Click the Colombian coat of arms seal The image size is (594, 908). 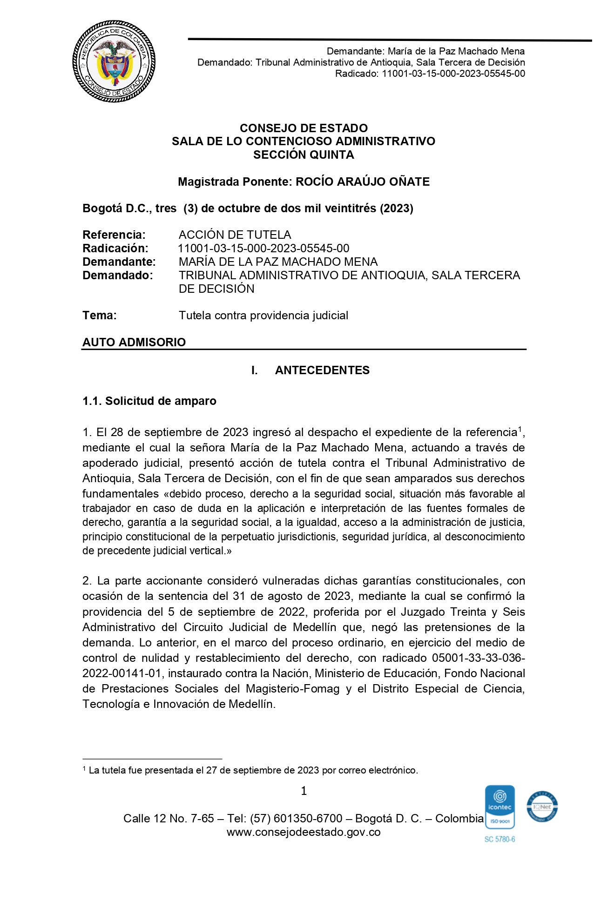pyautogui.click(x=114, y=61)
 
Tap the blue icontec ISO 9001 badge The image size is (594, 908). pyautogui.click(x=499, y=807)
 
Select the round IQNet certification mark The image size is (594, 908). pyautogui.click(x=542, y=807)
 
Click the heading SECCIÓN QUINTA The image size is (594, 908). pyautogui.click(x=304, y=155)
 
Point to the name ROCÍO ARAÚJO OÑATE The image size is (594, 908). pyautogui.click(x=363, y=182)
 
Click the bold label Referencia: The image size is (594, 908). pyautogui.click(x=114, y=235)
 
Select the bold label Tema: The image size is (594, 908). pyautogui.click(x=100, y=316)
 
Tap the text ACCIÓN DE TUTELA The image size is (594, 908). pyautogui.click(x=235, y=235)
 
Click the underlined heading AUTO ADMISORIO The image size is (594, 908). pyautogui.click(x=134, y=343)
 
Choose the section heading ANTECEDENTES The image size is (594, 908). pyautogui.click(x=322, y=370)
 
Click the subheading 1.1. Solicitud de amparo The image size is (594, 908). pyautogui.click(x=149, y=401)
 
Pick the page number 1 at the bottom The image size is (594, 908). pyautogui.click(x=304, y=791)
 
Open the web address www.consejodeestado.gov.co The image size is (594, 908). pyautogui.click(x=304, y=832)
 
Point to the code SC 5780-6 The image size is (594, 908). pyautogui.click(x=499, y=839)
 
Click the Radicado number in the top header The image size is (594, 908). pyautogui.click(x=453, y=74)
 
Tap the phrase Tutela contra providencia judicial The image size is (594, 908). pyautogui.click(x=263, y=316)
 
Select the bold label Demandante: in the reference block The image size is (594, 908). pyautogui.click(x=119, y=262)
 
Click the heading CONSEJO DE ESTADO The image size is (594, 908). pyautogui.click(x=304, y=128)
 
